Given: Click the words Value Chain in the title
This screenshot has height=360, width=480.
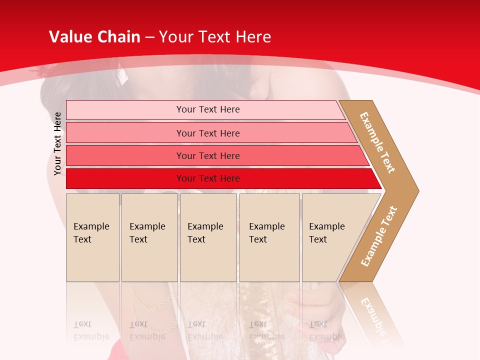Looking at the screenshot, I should [x=94, y=37].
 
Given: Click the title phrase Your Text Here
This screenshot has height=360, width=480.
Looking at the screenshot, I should [x=215, y=37].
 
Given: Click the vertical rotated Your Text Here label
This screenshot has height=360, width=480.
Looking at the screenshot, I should [x=57, y=143].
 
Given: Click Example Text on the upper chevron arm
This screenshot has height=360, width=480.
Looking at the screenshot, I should [x=377, y=142].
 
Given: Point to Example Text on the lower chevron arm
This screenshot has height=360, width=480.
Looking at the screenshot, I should [x=379, y=236].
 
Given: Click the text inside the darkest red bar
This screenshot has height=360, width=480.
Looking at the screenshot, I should [x=208, y=178].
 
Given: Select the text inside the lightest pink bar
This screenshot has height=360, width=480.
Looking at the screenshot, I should [x=208, y=109].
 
